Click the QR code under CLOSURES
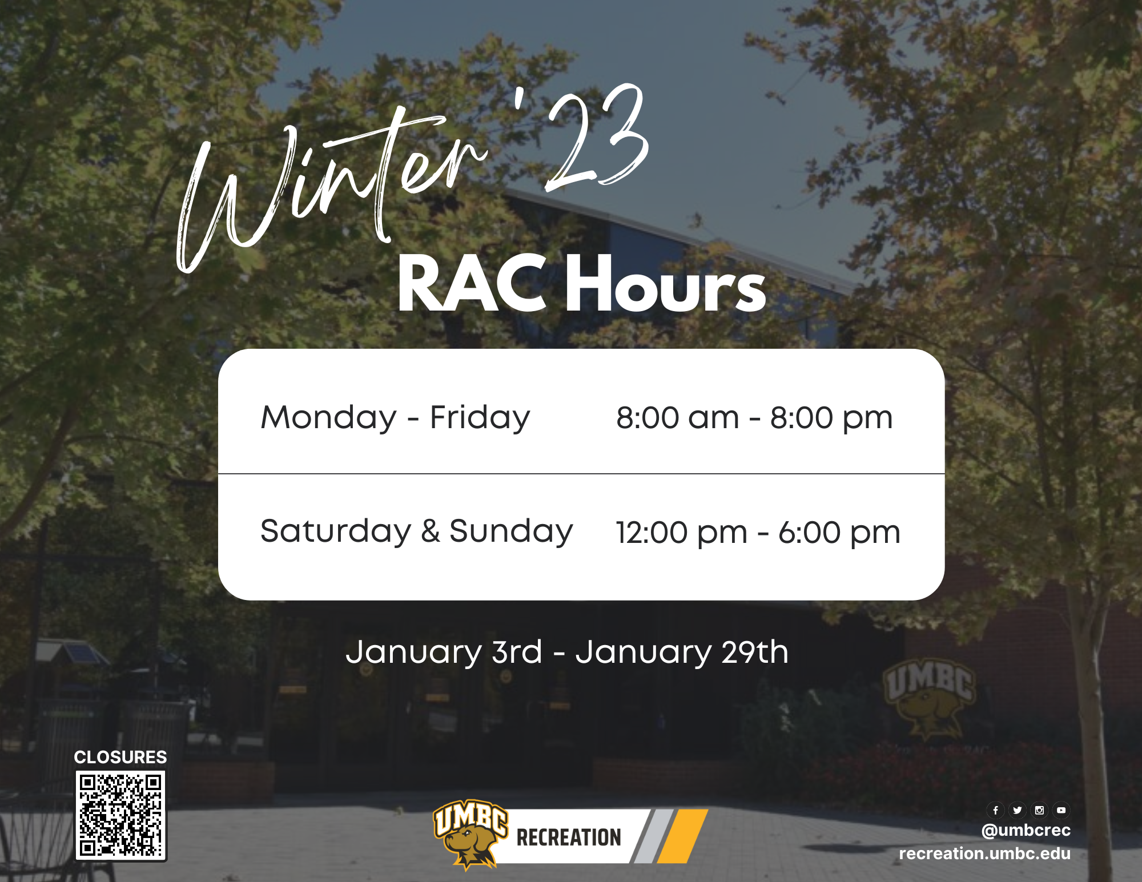point(121,815)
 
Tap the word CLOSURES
point(120,757)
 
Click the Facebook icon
point(995,810)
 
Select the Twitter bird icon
point(1018,810)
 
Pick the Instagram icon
point(1039,810)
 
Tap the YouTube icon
point(1061,810)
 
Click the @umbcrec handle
point(1026,830)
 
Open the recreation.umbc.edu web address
point(985,853)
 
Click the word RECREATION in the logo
point(569,837)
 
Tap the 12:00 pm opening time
point(682,533)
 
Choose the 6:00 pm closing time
point(839,533)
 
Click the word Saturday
point(336,532)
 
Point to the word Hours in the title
point(666,284)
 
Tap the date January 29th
point(682,653)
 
